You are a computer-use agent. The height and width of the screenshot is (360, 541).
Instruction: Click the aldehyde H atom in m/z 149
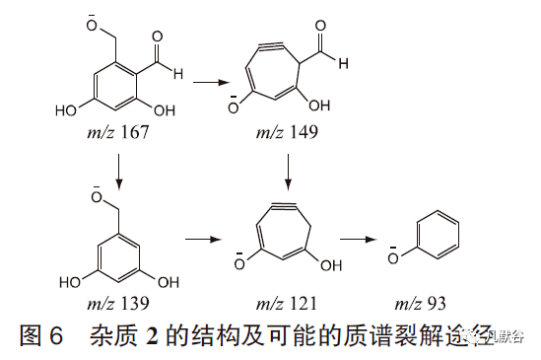pos(342,64)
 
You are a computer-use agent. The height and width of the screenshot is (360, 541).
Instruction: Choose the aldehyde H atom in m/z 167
pos(176,71)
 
